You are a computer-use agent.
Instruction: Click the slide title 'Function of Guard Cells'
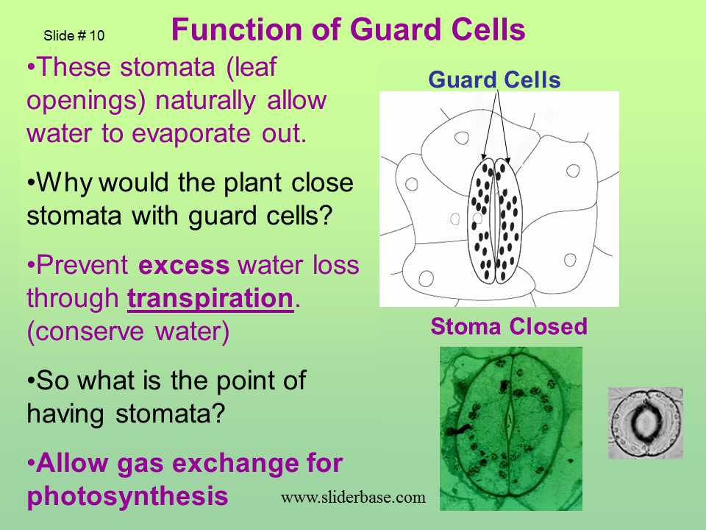coord(348,30)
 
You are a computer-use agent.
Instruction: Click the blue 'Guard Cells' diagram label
coord(494,79)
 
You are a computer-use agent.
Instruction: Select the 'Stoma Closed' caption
coord(509,326)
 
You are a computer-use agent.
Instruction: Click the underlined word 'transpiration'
coord(210,298)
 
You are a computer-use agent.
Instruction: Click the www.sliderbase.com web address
coord(353,497)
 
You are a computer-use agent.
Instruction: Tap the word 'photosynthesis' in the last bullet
coord(127,495)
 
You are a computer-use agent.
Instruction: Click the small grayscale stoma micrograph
coord(645,423)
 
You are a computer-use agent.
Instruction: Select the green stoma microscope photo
coord(510,428)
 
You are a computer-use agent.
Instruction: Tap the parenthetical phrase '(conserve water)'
coord(128,331)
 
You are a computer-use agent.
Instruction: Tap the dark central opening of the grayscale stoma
coord(645,423)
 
